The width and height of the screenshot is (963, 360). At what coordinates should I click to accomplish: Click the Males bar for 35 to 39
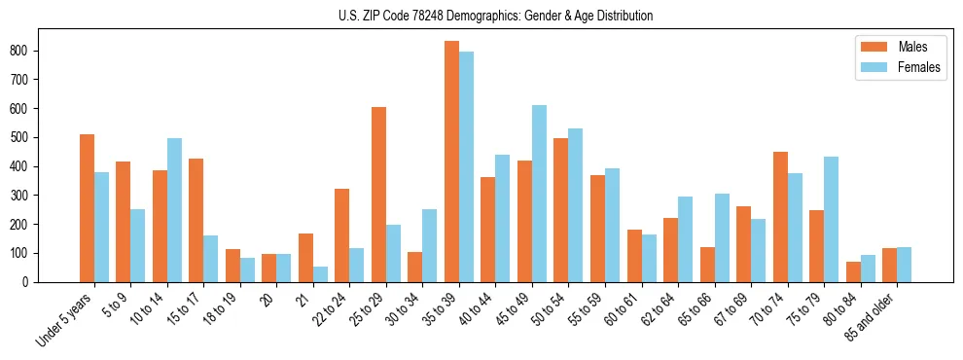(x=452, y=162)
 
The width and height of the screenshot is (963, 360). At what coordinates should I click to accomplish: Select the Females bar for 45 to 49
(x=539, y=194)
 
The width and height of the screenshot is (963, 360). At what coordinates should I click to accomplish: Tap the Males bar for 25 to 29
(x=378, y=195)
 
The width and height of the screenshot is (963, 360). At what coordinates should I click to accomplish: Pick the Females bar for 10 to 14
(x=174, y=210)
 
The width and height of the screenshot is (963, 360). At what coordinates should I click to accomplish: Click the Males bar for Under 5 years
(x=88, y=208)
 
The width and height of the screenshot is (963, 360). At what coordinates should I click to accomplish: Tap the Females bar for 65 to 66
(x=722, y=238)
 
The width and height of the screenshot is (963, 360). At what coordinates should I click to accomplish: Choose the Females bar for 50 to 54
(x=576, y=205)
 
